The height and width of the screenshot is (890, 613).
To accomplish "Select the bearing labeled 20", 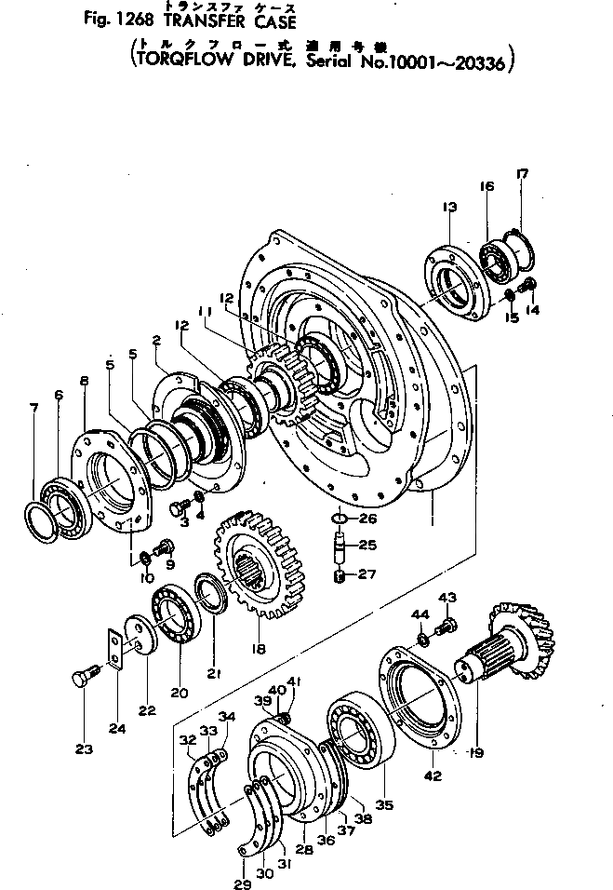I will point(176,614).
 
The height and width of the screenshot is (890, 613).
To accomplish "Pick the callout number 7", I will point(34,408).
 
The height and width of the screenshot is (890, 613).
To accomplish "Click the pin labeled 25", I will point(340,546).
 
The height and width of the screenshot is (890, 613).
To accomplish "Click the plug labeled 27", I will point(340,576).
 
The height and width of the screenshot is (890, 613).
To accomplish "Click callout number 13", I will point(451,207).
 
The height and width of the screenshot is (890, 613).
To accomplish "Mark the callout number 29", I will point(243,884).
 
